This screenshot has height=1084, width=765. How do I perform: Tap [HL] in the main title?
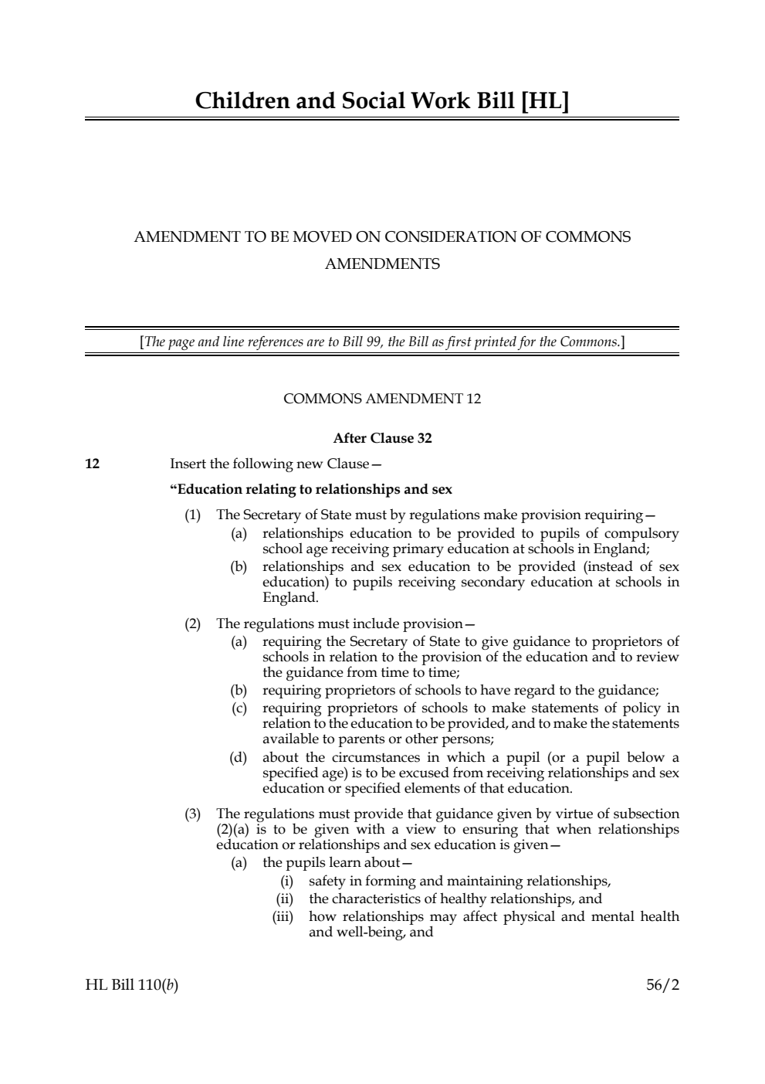pos(545,100)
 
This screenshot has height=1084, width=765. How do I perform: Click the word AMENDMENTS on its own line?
pos(382,264)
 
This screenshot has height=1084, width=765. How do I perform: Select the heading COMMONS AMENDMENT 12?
pos(382,399)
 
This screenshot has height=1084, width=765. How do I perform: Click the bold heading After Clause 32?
pos(382,438)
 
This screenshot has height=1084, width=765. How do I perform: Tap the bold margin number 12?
pos(92,464)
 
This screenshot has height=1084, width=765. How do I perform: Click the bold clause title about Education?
pos(311,489)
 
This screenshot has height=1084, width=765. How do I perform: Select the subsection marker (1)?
pos(192,515)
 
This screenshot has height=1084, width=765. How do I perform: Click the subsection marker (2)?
pos(192,624)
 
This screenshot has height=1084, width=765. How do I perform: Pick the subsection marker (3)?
pos(192,814)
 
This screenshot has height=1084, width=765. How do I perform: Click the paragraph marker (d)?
pos(239,757)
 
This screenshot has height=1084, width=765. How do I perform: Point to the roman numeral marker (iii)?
pos(283,916)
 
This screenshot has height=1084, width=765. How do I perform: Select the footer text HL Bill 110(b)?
pos(131,985)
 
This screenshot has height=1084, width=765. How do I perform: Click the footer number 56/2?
pos(662,985)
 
